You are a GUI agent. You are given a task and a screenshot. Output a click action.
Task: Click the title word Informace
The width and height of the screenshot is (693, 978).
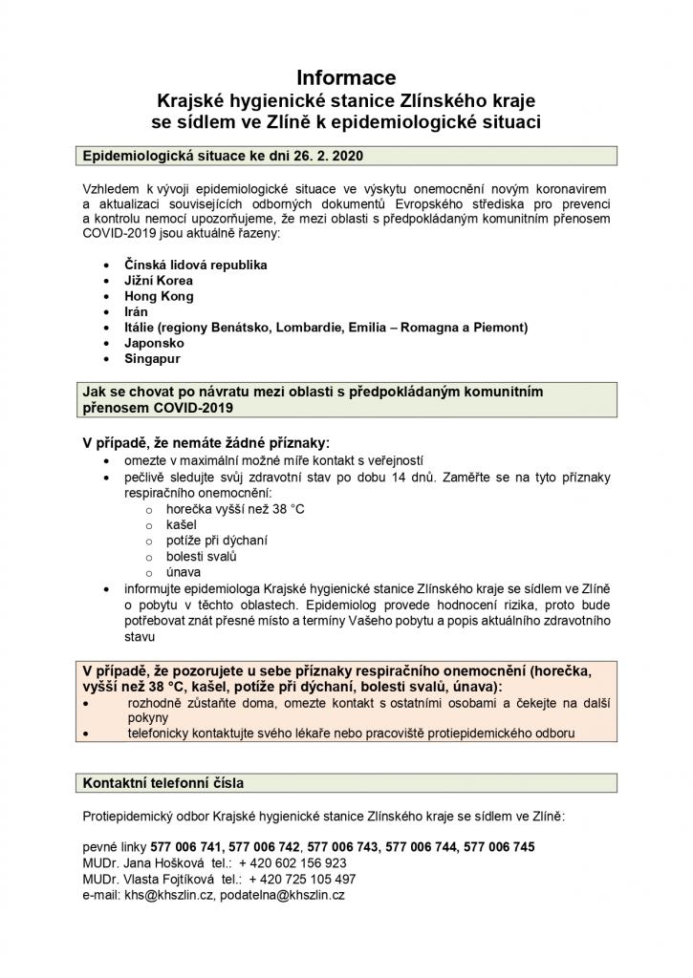click(345, 77)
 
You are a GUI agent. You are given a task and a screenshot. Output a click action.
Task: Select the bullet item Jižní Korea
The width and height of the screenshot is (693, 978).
click(158, 281)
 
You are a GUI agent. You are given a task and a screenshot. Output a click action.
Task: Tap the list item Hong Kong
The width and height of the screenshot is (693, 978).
click(159, 296)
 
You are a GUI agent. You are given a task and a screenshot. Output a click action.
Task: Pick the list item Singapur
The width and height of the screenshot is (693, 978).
click(153, 358)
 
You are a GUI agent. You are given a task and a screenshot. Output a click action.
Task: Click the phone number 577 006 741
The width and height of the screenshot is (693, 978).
click(191, 846)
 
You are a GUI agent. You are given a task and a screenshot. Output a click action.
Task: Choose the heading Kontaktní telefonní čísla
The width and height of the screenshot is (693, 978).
click(163, 782)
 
